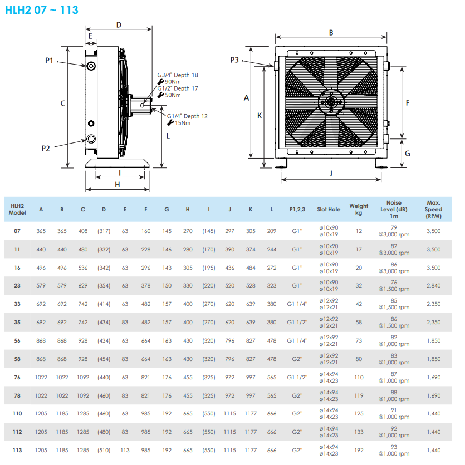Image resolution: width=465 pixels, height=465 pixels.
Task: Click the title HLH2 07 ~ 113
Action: (x=42, y=9)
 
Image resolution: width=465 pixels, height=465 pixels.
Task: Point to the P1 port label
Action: (x=49, y=60)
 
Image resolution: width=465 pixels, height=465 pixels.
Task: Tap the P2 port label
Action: (x=46, y=148)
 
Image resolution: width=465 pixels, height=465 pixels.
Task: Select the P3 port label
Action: (x=234, y=60)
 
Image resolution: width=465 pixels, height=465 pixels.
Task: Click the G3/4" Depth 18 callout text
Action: (x=177, y=75)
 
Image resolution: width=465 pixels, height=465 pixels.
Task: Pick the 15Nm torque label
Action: (x=183, y=123)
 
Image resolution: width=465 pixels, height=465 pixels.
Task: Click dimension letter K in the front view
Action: (x=259, y=115)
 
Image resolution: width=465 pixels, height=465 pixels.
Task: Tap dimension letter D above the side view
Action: (x=119, y=24)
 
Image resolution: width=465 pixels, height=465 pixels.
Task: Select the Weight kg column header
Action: (x=359, y=209)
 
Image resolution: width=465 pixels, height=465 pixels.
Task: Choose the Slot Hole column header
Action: (x=329, y=210)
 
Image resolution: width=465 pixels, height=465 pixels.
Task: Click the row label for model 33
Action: (x=17, y=304)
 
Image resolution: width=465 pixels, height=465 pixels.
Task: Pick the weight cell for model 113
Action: (x=359, y=450)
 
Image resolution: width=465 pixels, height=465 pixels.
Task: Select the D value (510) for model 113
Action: (x=104, y=450)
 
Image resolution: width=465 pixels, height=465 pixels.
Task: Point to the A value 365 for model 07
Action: (x=41, y=231)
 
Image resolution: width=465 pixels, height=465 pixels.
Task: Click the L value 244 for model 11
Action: (x=271, y=249)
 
